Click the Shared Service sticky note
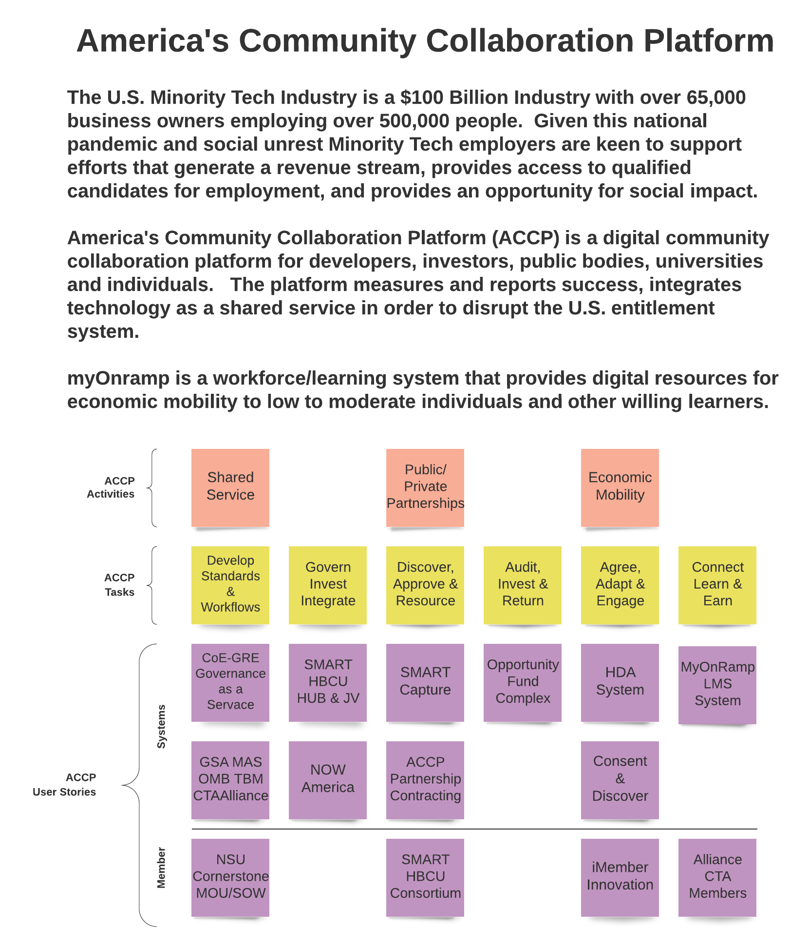pos(230,487)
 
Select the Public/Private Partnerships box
pos(425,487)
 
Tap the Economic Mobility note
pos(620,487)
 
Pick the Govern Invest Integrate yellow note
pos(328,585)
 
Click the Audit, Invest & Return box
pos(523,585)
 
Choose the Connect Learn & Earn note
pos(717,585)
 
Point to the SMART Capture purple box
pos(425,682)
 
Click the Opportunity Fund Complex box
pos(523,682)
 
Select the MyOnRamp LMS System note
pos(717,685)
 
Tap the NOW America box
pos(328,780)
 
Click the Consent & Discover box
pos(620,780)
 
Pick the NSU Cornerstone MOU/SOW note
pos(230,877)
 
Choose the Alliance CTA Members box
pos(717,877)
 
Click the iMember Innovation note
pos(620,877)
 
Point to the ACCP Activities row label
pos(111,487)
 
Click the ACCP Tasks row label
pos(120,585)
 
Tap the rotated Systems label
pos(161,726)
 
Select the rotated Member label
pos(161,868)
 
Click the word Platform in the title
pos(709,40)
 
